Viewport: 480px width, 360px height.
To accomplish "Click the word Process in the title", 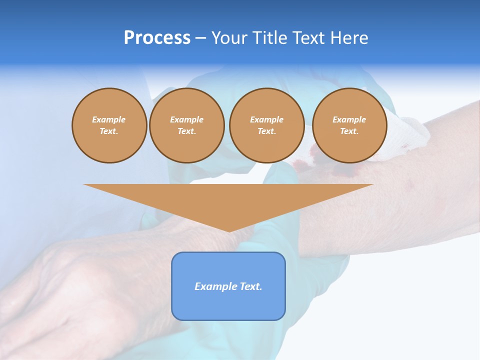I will tap(157, 38).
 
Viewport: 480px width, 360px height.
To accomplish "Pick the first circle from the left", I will tap(109, 125).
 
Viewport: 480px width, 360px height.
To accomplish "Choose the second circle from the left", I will tap(186, 125).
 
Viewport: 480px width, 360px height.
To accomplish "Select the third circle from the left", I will tap(266, 125).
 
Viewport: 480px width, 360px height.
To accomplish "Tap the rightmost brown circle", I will tap(349, 125).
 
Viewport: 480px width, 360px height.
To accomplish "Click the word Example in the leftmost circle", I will tap(109, 119).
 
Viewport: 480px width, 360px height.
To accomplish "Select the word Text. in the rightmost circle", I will tap(349, 131).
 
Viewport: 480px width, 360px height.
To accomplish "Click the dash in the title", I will tap(201, 38).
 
